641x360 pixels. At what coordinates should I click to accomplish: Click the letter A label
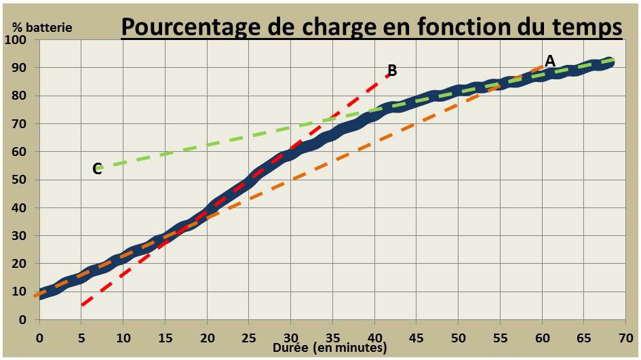[x=550, y=61]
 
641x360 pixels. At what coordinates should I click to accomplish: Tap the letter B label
[x=391, y=70]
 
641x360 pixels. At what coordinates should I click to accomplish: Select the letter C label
[x=97, y=169]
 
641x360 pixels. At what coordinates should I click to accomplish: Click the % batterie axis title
[x=43, y=28]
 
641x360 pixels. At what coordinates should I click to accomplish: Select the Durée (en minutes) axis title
[x=330, y=348]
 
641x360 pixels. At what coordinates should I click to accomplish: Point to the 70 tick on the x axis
[x=626, y=336]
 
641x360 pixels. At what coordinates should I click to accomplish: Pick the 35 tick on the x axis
[x=332, y=336]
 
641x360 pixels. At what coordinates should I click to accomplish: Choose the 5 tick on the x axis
[x=81, y=336]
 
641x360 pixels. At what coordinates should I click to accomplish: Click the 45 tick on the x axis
[x=416, y=336]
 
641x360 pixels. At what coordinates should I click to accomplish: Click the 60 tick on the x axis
[x=542, y=336]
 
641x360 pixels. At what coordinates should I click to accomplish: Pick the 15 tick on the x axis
[x=165, y=336]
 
